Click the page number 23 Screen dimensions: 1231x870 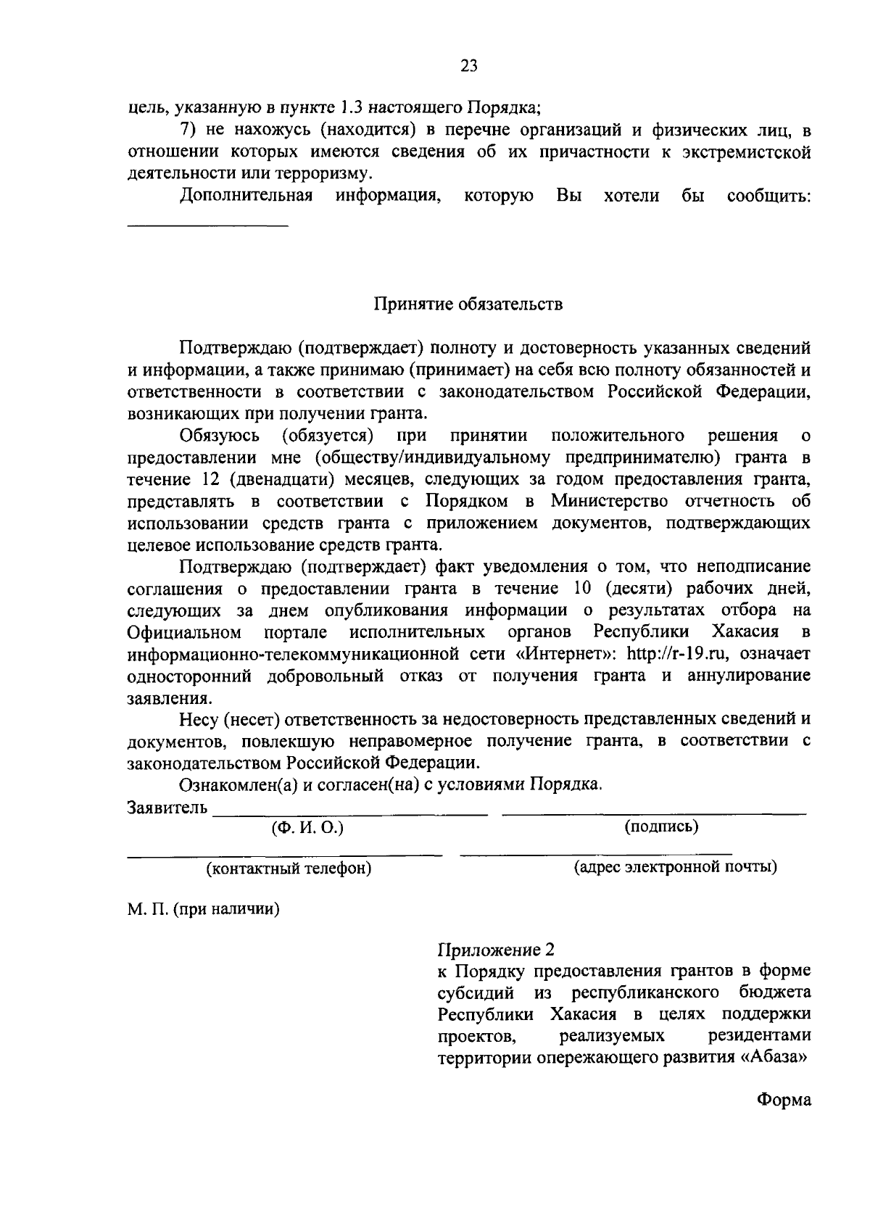(x=468, y=67)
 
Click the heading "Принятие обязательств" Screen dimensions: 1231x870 (x=468, y=304)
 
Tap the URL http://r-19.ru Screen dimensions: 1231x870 (x=677, y=653)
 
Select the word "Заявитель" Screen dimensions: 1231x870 (x=167, y=807)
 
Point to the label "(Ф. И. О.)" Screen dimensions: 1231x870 (x=307, y=827)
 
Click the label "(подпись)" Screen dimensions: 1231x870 (x=661, y=826)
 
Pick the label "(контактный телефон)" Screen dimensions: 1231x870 (x=289, y=869)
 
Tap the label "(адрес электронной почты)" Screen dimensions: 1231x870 (x=676, y=867)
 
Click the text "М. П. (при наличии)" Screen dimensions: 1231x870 (x=204, y=909)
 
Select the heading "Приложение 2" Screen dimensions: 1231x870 (x=496, y=949)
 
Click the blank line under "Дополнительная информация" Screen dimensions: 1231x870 (x=208, y=226)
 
